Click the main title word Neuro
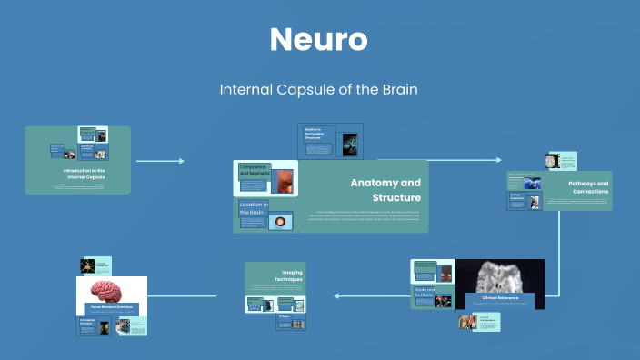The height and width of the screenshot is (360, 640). click(319, 40)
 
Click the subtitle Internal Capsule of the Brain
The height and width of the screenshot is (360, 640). click(319, 90)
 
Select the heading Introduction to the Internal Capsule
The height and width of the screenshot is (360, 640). click(85, 173)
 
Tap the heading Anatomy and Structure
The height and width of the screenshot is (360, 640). click(385, 190)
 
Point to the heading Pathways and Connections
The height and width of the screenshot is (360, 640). click(588, 187)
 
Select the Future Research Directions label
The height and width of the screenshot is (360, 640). click(111, 308)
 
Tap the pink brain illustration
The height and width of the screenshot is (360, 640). click(111, 290)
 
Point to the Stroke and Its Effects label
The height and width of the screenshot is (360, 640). click(425, 293)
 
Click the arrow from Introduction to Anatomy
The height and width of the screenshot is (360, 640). click(160, 161)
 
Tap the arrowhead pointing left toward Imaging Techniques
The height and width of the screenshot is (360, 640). click(337, 295)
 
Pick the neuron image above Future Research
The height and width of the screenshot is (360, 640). click(87, 266)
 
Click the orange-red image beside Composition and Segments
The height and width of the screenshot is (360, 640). click(285, 180)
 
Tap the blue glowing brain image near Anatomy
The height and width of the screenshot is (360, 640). click(348, 144)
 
